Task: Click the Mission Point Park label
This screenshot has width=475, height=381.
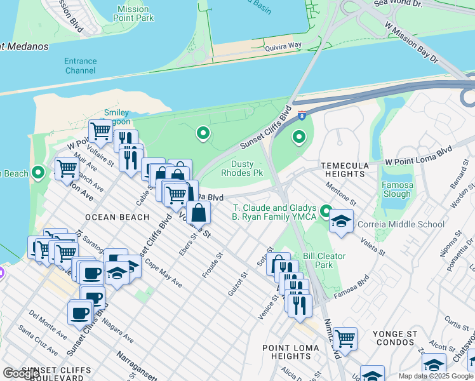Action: click(133, 14)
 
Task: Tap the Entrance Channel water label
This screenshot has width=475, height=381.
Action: click(81, 66)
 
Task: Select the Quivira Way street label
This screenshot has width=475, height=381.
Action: click(283, 46)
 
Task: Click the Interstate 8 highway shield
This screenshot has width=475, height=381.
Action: click(302, 115)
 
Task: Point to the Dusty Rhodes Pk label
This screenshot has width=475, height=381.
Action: click(242, 168)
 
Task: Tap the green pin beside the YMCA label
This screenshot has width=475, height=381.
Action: click(326, 210)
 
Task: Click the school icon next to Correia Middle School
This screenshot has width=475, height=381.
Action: click(342, 222)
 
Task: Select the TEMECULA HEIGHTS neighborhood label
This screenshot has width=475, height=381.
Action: click(345, 170)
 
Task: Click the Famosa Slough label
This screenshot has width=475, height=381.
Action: click(398, 190)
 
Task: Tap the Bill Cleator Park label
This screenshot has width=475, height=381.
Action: click(324, 260)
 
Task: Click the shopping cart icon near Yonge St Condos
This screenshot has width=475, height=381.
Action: click(345, 338)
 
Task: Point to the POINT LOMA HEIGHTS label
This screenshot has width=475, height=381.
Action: click(287, 352)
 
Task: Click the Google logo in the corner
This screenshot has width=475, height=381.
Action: click(22, 373)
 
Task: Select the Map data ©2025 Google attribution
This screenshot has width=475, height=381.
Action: click(436, 376)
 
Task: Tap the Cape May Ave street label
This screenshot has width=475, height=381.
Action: click(163, 273)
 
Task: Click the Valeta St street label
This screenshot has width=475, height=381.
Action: click(373, 246)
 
